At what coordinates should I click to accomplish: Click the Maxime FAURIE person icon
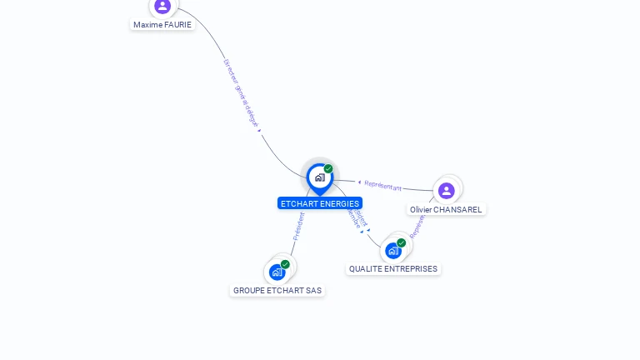point(162,6)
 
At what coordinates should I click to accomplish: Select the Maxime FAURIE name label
point(162,25)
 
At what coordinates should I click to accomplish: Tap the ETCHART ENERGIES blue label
point(320,203)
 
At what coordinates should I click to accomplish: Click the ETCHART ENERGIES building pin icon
point(319,177)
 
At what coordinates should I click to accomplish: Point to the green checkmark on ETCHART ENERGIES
point(328,169)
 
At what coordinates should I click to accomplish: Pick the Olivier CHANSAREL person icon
point(447,191)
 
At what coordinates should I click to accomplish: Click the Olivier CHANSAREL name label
point(446,210)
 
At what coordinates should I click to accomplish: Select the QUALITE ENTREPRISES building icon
point(392,250)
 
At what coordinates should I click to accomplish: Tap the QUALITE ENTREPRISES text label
point(393,269)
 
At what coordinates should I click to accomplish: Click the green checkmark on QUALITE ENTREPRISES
point(402,242)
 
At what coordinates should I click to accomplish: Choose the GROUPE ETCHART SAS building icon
point(277,272)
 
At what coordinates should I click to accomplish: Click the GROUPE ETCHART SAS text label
point(277,291)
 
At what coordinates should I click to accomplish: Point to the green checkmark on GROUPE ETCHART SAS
point(286,264)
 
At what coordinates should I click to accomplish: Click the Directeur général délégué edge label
point(242,92)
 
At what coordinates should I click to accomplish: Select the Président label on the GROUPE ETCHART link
point(298,226)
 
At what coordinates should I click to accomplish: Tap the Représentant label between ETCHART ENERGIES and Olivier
point(383,186)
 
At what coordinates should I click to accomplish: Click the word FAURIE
point(177,25)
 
